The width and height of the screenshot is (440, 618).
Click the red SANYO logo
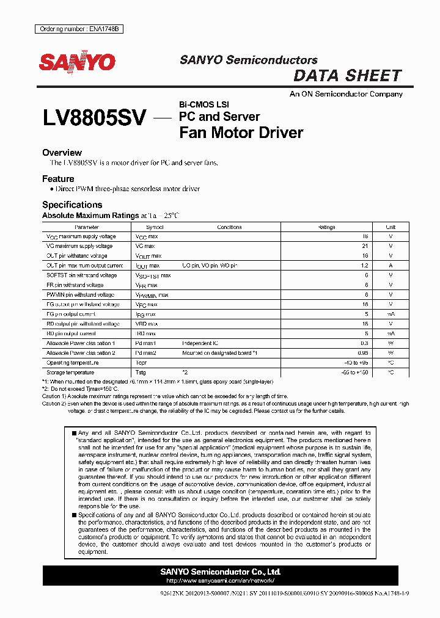click(78, 62)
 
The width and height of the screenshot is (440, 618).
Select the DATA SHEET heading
click(347, 76)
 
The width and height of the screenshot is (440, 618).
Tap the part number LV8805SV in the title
click(94, 118)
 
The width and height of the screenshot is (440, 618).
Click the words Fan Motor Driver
click(241, 133)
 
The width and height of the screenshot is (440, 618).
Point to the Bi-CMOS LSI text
click(204, 104)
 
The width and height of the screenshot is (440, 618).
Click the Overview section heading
click(62, 153)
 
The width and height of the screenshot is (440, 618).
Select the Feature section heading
click(58, 179)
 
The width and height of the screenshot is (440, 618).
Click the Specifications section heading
click(72, 205)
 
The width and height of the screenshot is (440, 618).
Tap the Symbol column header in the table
click(155, 227)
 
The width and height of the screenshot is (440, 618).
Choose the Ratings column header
click(327, 227)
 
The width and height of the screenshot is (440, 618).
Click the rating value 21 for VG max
click(365, 246)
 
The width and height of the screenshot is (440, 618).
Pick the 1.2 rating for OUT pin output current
click(364, 266)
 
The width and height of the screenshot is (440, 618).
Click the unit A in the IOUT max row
click(391, 266)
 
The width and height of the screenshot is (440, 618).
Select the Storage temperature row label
click(70, 373)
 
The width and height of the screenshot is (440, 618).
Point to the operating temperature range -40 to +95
click(357, 363)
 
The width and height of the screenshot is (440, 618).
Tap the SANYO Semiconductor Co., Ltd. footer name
click(220, 572)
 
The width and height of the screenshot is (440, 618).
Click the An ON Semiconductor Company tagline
click(346, 94)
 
